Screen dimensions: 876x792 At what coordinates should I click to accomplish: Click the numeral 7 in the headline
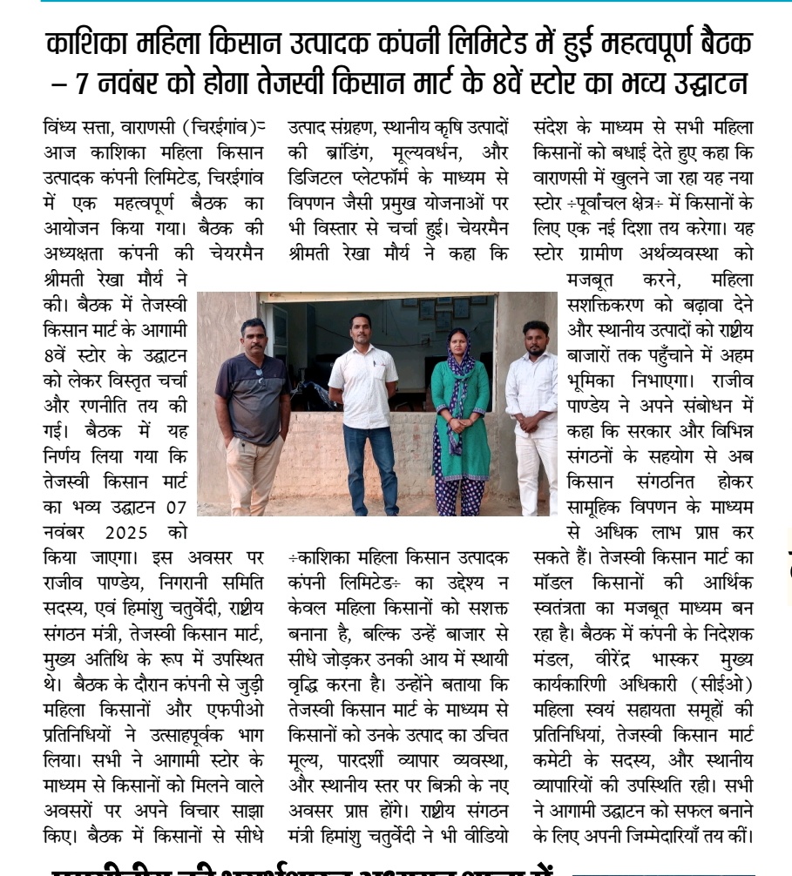pos(83,86)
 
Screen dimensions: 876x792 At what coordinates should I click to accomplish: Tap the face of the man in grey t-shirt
pos(254,335)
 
